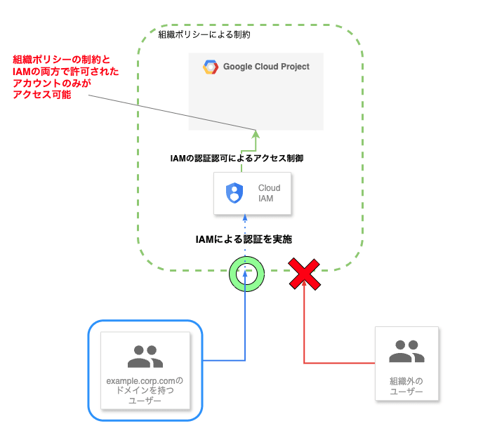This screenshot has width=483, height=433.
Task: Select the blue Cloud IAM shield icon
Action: (x=234, y=193)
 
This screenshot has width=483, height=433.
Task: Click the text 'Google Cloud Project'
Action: (x=266, y=67)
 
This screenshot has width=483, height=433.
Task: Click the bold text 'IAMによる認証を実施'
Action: (x=244, y=239)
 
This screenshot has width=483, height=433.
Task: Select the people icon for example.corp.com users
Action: (x=145, y=357)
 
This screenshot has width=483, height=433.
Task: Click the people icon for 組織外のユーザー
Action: (x=406, y=351)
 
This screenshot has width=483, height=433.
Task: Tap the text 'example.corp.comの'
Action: (x=145, y=381)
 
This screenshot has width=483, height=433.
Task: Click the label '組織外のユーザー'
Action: (x=406, y=386)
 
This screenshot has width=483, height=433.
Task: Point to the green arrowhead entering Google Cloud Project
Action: (x=256, y=133)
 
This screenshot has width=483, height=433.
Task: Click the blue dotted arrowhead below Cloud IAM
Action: (x=245, y=219)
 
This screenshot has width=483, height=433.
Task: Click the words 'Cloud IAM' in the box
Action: (x=269, y=193)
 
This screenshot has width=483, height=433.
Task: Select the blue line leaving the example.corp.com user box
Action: (x=225, y=361)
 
